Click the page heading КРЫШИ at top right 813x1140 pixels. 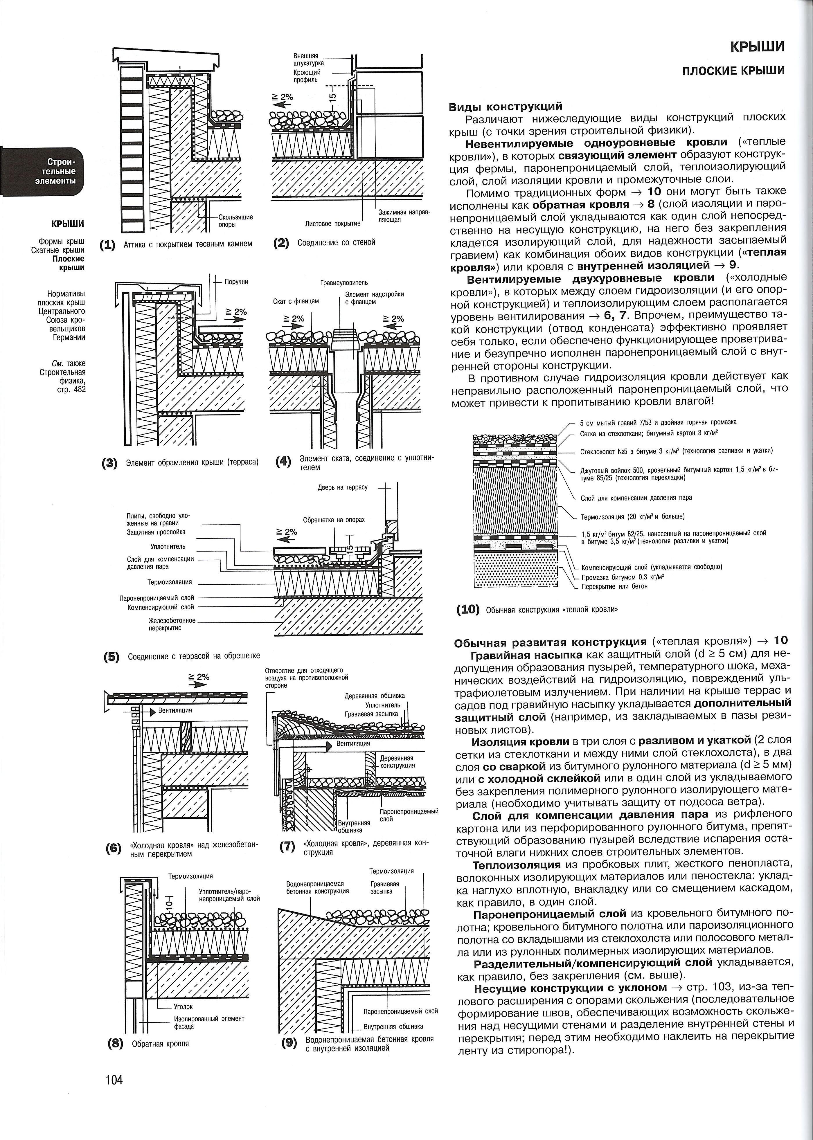point(757,47)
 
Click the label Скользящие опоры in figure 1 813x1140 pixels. point(235,221)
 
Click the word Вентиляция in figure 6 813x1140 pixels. point(175,710)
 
